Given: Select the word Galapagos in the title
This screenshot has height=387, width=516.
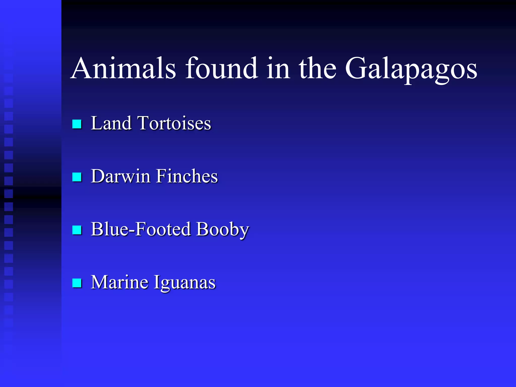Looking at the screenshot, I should [411, 69].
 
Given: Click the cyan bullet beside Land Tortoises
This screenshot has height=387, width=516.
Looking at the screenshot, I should [77, 124].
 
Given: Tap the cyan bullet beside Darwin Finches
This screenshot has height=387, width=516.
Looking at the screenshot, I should [77, 177].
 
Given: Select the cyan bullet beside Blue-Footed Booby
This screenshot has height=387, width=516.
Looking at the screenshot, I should [77, 230].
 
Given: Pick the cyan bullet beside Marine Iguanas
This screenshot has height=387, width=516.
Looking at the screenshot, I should [77, 283].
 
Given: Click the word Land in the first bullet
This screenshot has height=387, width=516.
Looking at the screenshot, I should [111, 123].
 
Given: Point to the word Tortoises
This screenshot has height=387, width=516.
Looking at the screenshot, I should [174, 123].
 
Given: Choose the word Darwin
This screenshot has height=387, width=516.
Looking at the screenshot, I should [120, 176].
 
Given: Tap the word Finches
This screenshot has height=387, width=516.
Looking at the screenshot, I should [187, 176].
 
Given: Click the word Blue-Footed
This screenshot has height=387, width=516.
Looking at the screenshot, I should [141, 229].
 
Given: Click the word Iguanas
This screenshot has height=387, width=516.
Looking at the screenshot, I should [185, 283].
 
